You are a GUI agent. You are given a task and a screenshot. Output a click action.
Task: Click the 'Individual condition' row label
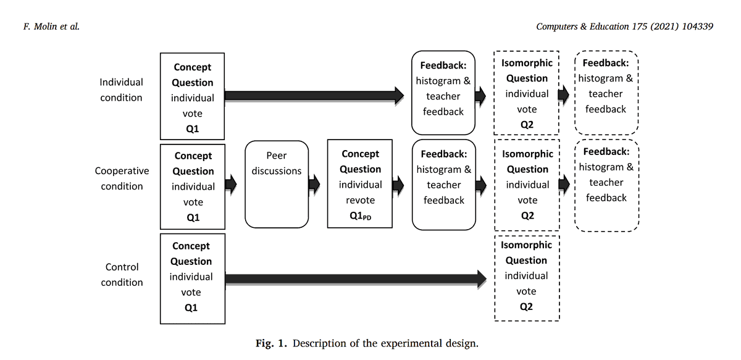pos(122,90)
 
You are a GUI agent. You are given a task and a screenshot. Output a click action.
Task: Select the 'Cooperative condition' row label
pos(122,178)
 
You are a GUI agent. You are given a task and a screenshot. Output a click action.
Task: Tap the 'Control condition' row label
pos(122,275)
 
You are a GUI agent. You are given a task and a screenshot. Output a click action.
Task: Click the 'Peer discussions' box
pos(277,185)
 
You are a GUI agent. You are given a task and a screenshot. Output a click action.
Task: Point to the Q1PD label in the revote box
pos(360,216)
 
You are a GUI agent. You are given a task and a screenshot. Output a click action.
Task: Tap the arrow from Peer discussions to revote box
pos(314,183)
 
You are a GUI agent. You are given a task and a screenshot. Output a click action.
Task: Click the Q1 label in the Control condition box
pos(191,308)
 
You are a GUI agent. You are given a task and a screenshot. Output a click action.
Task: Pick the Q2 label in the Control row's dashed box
pos(527,306)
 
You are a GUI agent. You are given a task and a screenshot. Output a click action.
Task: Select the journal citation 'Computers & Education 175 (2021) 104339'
pos(624,26)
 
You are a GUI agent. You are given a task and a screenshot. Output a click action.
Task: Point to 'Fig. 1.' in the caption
pos(272,343)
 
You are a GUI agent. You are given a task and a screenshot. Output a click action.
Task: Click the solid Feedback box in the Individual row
pos(443,93)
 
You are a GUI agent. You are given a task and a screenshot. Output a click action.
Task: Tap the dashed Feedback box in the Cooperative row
pos(606,185)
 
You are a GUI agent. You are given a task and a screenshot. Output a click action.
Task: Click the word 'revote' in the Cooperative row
pos(360,200)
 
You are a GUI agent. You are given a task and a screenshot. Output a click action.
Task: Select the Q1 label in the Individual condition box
pos(192,129)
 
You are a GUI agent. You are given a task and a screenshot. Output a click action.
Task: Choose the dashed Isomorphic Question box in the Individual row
pos(527,93)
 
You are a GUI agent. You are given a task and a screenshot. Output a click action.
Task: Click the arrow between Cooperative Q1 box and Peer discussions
pos(231,183)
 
